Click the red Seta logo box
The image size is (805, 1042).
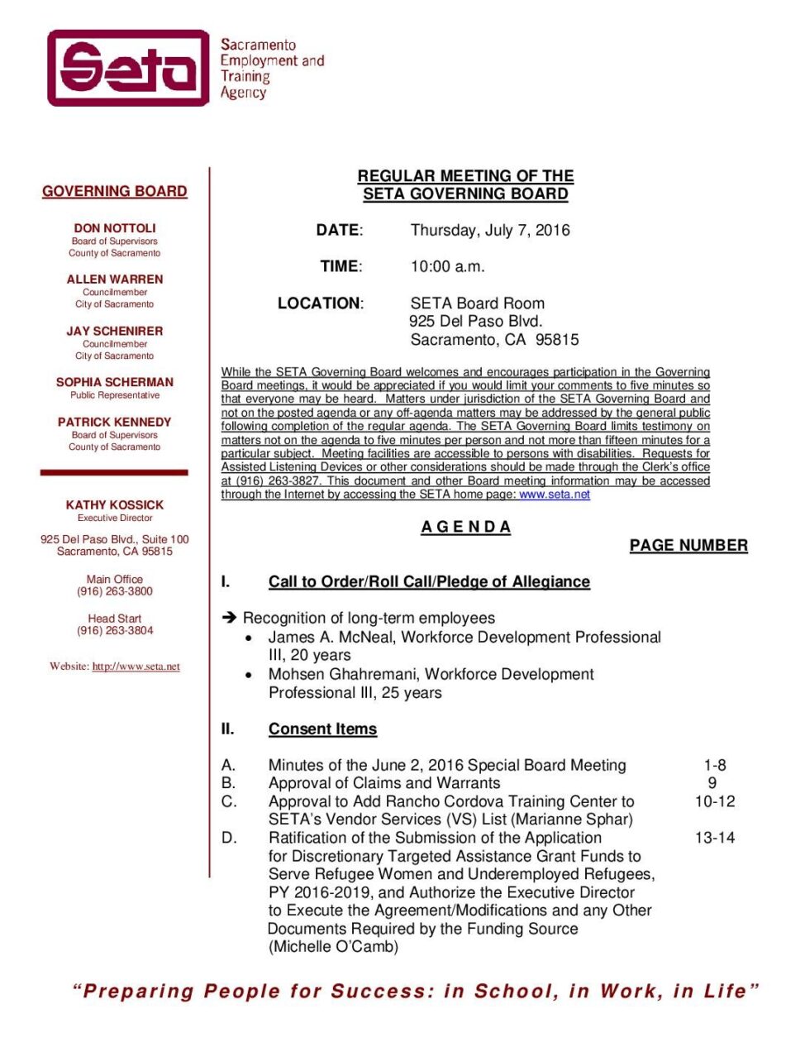[128, 68]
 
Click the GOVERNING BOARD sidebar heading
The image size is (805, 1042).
[115, 191]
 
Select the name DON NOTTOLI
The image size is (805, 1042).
[115, 228]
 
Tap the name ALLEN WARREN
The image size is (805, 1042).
[115, 280]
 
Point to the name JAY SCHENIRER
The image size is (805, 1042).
[115, 331]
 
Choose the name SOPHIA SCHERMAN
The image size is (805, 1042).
[115, 382]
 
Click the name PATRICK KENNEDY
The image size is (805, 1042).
[115, 422]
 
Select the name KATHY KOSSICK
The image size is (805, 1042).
[115, 504]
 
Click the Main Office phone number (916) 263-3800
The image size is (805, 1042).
[115, 591]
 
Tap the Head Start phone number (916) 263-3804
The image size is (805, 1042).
[115, 630]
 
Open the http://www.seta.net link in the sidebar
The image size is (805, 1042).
[136, 667]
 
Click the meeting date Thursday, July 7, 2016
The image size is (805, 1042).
[490, 230]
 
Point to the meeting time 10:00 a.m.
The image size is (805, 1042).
[448, 266]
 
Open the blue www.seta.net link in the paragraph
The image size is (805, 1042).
[555, 495]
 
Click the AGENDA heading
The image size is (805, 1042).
[465, 527]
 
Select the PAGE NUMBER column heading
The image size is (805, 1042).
[688, 546]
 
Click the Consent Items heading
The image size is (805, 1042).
[322, 729]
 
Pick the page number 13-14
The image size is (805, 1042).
[715, 838]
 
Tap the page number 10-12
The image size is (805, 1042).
[715, 801]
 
